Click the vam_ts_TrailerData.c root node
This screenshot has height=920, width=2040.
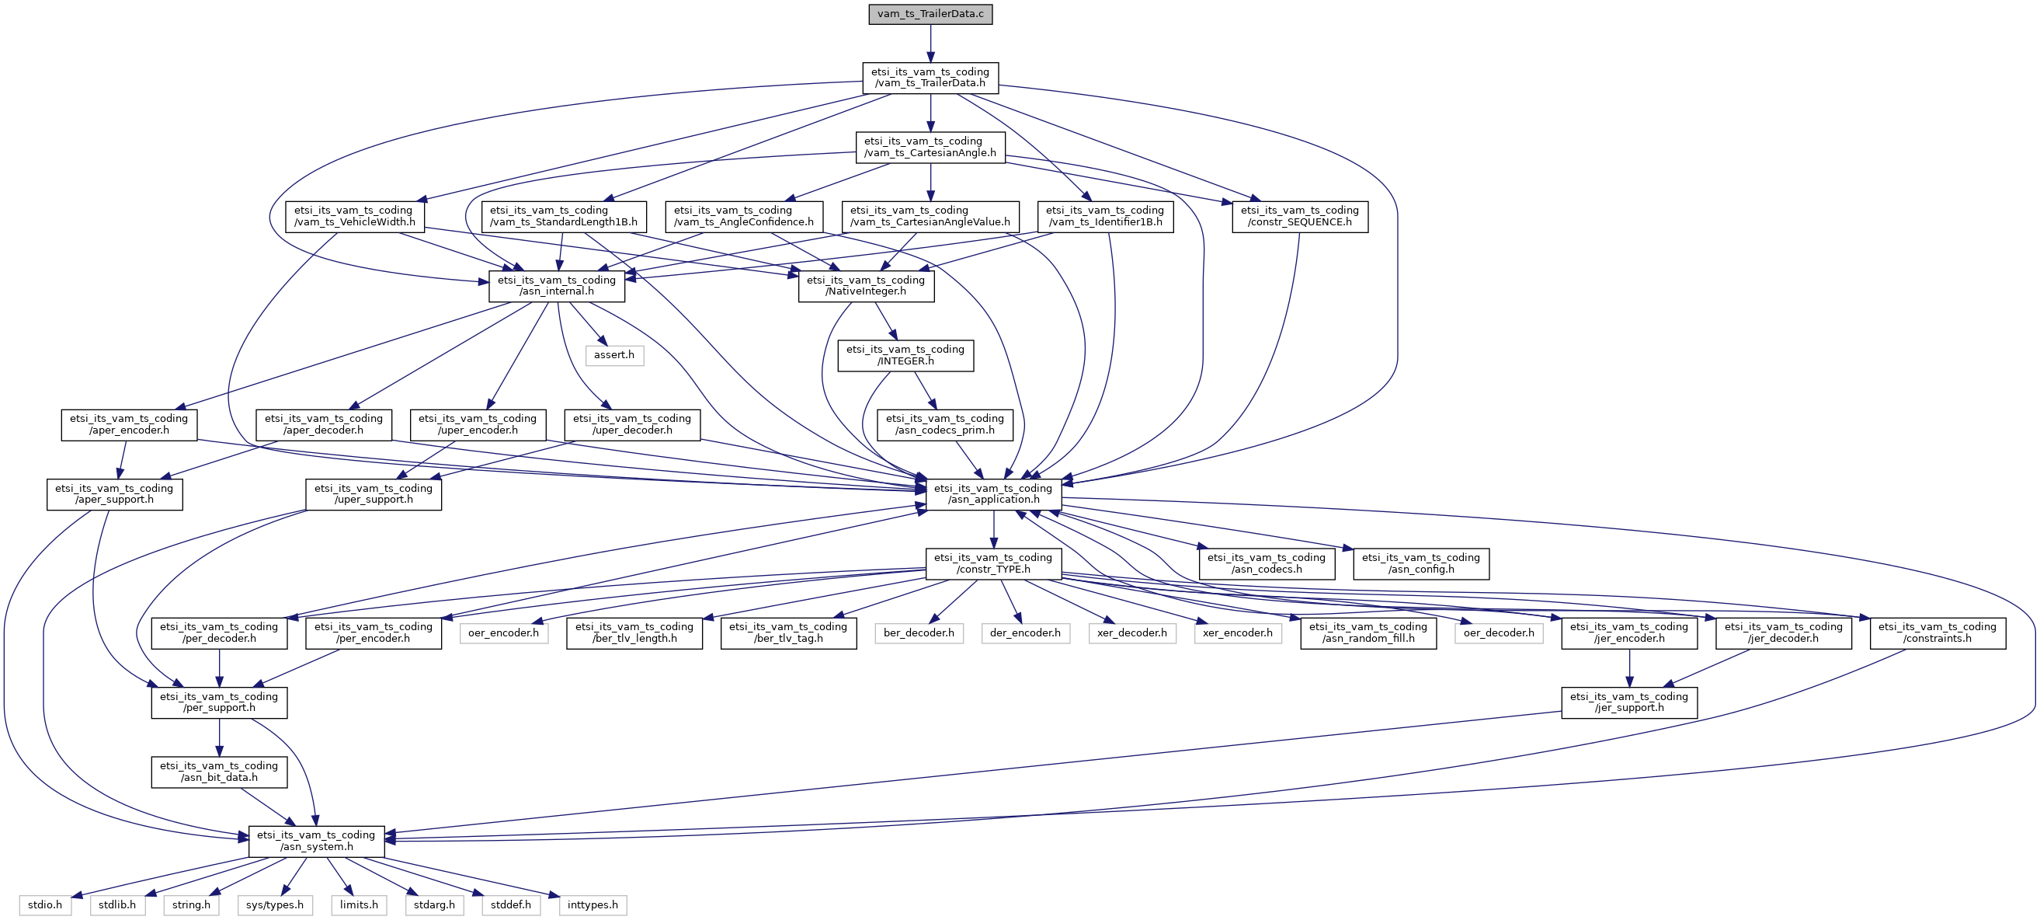[x=930, y=14]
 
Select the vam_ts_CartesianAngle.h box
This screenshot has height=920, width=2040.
[x=930, y=148]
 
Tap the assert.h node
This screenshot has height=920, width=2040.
[x=613, y=355]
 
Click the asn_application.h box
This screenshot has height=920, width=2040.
[x=993, y=494]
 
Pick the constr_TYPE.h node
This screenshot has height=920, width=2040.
[x=993, y=563]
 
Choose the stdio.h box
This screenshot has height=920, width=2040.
[x=44, y=905]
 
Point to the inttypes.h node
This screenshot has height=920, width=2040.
[x=593, y=905]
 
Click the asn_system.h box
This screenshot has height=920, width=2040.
[x=316, y=841]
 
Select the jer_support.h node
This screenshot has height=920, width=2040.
[x=1629, y=702]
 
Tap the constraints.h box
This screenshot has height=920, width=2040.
[x=1937, y=632]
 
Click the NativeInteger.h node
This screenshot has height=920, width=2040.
[x=866, y=286]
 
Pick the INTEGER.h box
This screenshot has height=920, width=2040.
[x=905, y=355]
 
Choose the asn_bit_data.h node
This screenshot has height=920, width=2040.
[x=218, y=772]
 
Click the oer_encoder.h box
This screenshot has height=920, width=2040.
[x=503, y=633]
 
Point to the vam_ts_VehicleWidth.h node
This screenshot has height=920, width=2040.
[x=353, y=216]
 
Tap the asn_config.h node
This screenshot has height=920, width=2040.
[x=1421, y=563]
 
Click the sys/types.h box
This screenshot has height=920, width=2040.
[x=275, y=905]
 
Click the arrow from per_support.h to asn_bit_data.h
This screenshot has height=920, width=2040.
[x=218, y=737]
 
